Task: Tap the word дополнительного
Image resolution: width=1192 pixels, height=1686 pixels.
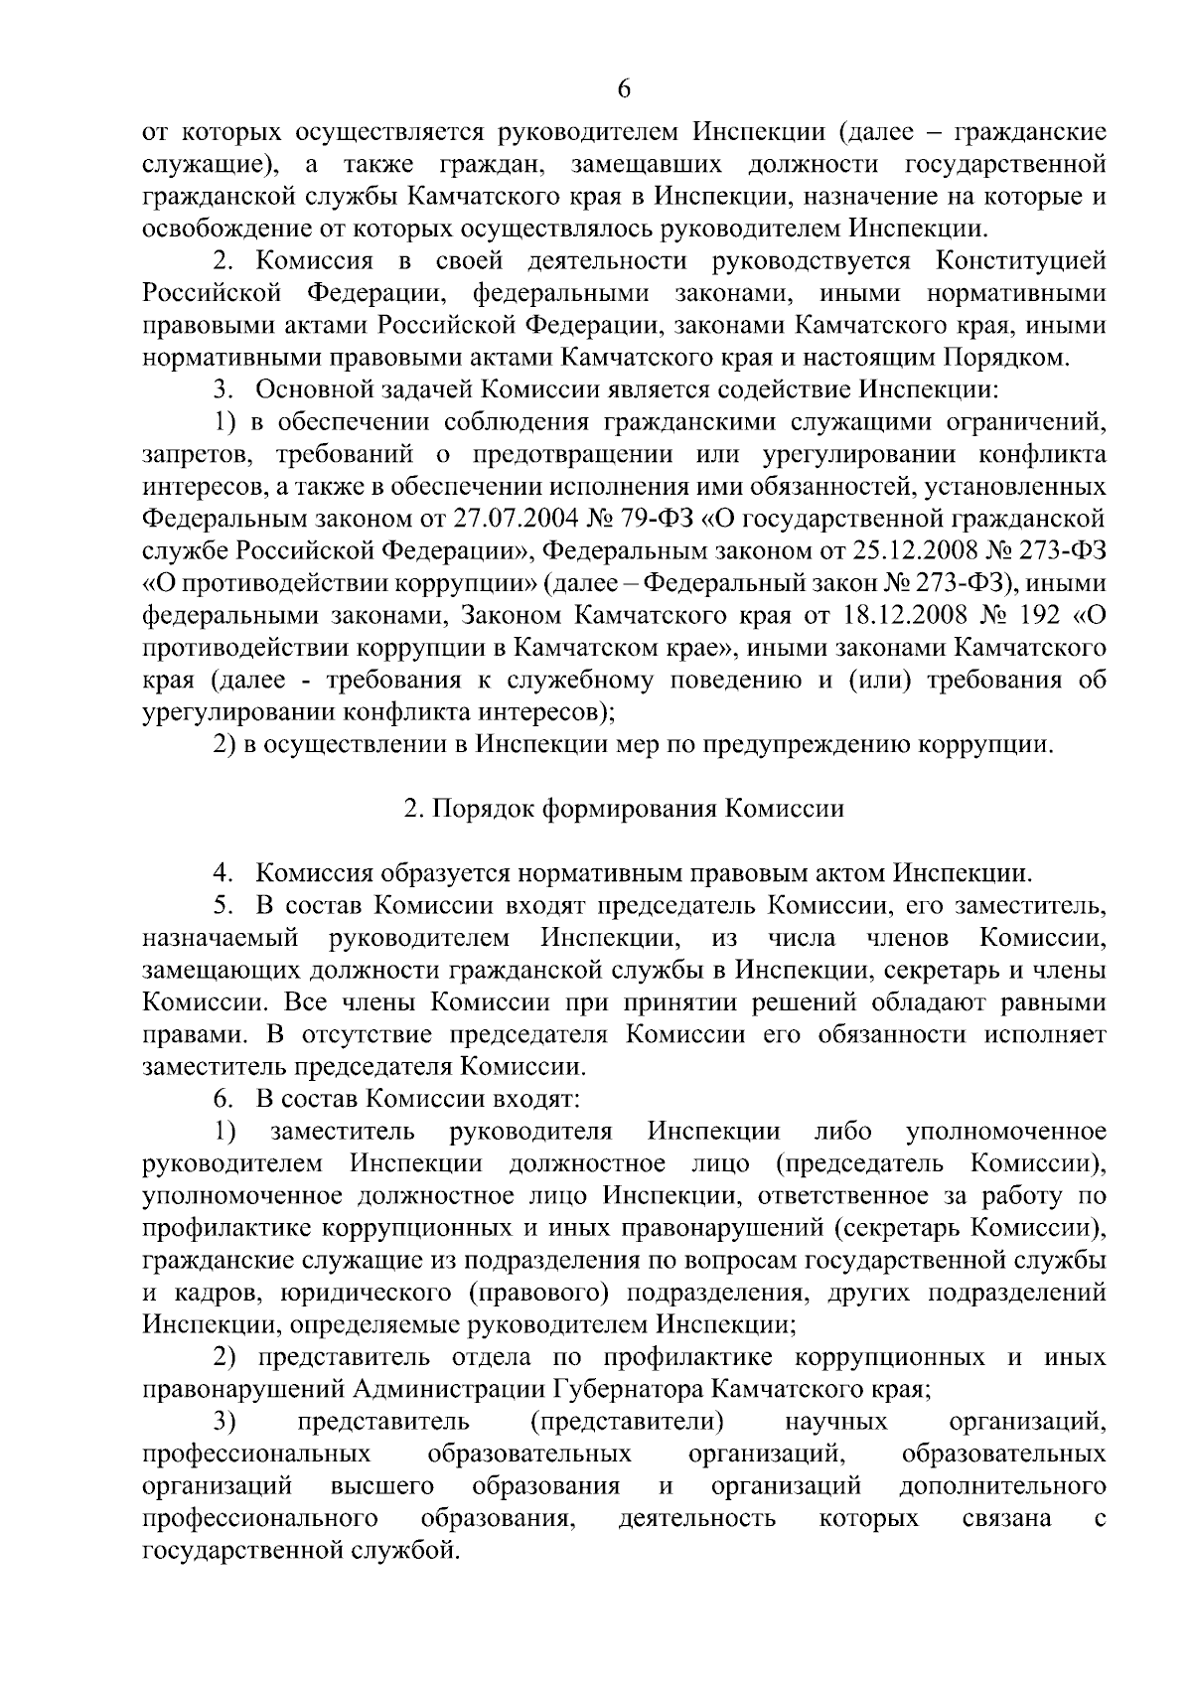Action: coord(1002,1486)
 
